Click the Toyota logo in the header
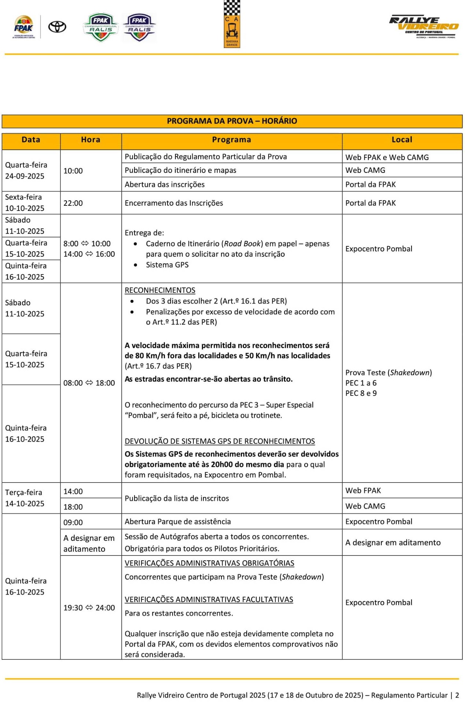[x=58, y=27]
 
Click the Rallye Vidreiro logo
[x=424, y=27]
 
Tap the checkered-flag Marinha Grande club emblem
[x=232, y=24]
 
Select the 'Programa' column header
[x=232, y=140]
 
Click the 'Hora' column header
[x=91, y=140]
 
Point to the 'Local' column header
[x=402, y=140]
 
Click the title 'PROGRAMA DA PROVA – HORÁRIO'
[x=232, y=121]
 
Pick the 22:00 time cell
[x=73, y=203]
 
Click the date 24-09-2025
[x=25, y=176]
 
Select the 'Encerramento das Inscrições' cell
[x=174, y=203]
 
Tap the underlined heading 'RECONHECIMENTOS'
[x=160, y=290]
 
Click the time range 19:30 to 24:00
[x=89, y=608]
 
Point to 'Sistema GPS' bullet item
[x=167, y=265]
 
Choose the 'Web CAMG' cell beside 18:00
[x=365, y=506]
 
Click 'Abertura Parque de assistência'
[x=178, y=522]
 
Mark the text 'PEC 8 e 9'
[x=361, y=393]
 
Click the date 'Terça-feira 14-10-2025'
[x=25, y=498]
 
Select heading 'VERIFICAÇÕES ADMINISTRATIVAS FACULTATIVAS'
[x=209, y=600]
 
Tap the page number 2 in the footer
[x=457, y=695]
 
